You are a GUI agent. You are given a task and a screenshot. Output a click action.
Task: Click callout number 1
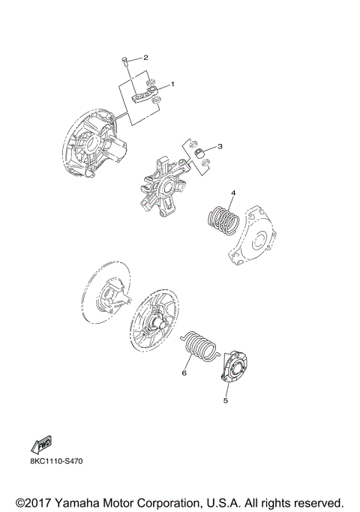click(172, 84)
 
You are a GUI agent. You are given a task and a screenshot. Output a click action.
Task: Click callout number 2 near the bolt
click(145, 57)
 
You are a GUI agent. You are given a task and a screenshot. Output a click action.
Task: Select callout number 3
click(220, 146)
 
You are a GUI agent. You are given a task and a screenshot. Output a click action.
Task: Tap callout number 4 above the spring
click(233, 193)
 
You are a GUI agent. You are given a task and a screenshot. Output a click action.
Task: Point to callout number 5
click(224, 400)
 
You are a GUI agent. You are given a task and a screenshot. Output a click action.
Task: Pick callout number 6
click(182, 371)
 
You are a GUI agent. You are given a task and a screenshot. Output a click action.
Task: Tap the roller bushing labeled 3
click(200, 153)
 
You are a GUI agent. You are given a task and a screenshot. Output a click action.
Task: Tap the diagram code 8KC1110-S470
click(57, 461)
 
